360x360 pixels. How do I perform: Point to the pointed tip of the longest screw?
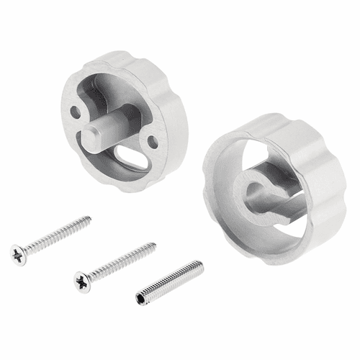point(90,217)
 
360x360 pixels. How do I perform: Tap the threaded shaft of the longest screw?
point(58,233)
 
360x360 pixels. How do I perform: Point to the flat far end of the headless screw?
point(201,267)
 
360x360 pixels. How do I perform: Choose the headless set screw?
point(171,282)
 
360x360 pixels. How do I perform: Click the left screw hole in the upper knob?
point(76,112)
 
